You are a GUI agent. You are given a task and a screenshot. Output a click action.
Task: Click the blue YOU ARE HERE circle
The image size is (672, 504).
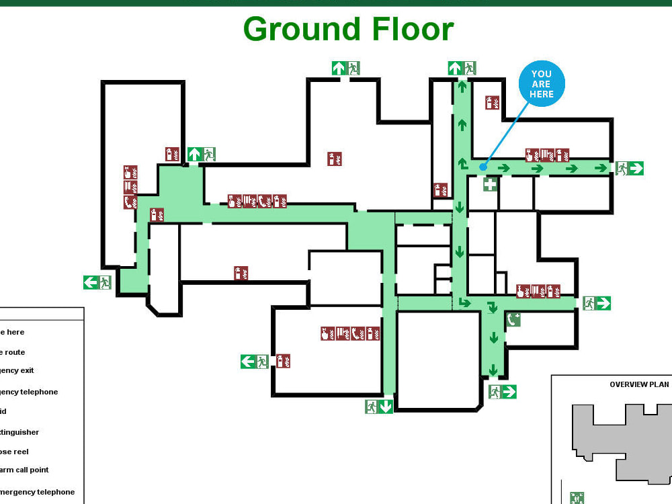point(541,85)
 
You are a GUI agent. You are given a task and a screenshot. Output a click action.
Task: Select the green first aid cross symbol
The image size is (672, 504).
point(491,183)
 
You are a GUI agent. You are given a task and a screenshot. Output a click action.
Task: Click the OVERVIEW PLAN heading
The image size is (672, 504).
point(639,384)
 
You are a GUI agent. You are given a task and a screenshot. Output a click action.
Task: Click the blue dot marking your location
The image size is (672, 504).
point(482,167)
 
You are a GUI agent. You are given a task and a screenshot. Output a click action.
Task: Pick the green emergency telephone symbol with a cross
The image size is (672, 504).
point(513,319)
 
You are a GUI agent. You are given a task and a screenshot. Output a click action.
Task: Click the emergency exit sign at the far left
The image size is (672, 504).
point(97,282)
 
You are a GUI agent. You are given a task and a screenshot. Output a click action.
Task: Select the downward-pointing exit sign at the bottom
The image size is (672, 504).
point(379,407)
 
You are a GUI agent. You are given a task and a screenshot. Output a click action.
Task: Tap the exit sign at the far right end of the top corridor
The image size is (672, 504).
point(630,168)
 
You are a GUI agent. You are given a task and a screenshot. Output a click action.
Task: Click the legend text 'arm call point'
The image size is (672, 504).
point(25,470)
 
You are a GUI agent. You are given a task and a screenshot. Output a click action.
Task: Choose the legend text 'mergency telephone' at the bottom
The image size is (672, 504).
point(38,492)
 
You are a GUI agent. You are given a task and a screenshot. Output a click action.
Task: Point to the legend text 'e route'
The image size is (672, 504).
point(13,352)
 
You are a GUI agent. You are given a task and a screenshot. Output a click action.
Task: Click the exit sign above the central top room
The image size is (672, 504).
point(346,68)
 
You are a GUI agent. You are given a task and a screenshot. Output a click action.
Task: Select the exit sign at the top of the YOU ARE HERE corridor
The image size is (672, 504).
point(462,68)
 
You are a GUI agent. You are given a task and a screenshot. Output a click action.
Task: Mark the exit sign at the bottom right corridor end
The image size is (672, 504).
point(502,392)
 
